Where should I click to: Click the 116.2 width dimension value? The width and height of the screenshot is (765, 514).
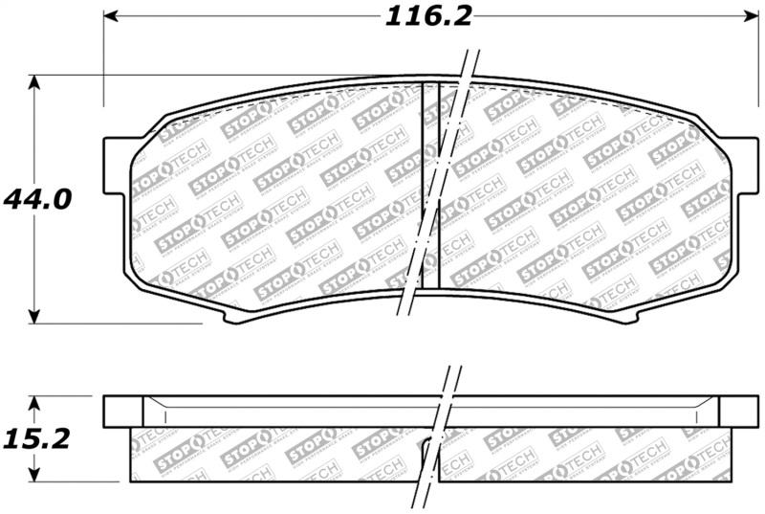pos(430,17)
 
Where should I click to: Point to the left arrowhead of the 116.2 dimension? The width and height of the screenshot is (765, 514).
pos(111,17)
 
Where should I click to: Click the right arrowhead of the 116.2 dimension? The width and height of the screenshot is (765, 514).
pos(749,17)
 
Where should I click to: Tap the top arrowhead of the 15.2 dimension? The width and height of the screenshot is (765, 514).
pos(35,403)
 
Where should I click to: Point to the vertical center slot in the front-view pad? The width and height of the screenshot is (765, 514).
pos(430,182)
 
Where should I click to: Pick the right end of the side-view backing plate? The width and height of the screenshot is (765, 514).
pos(737,411)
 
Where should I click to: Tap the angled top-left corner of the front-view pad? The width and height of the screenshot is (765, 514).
pos(148,125)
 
